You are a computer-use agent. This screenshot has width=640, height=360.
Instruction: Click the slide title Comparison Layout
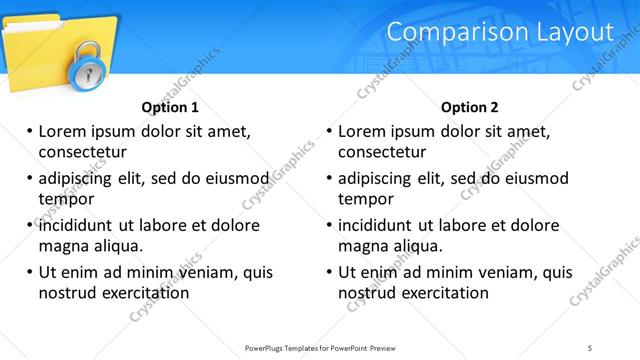(500, 32)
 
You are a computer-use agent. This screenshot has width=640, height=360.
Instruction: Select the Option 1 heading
(170, 107)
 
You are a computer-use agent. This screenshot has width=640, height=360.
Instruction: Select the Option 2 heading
(469, 107)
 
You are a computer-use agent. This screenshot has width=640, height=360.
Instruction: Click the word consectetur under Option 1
(82, 152)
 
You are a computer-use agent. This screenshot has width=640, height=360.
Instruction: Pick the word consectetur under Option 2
(382, 152)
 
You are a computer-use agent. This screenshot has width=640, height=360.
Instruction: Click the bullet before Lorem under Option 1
(28, 131)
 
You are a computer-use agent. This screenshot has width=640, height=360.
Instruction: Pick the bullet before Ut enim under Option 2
(328, 272)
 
